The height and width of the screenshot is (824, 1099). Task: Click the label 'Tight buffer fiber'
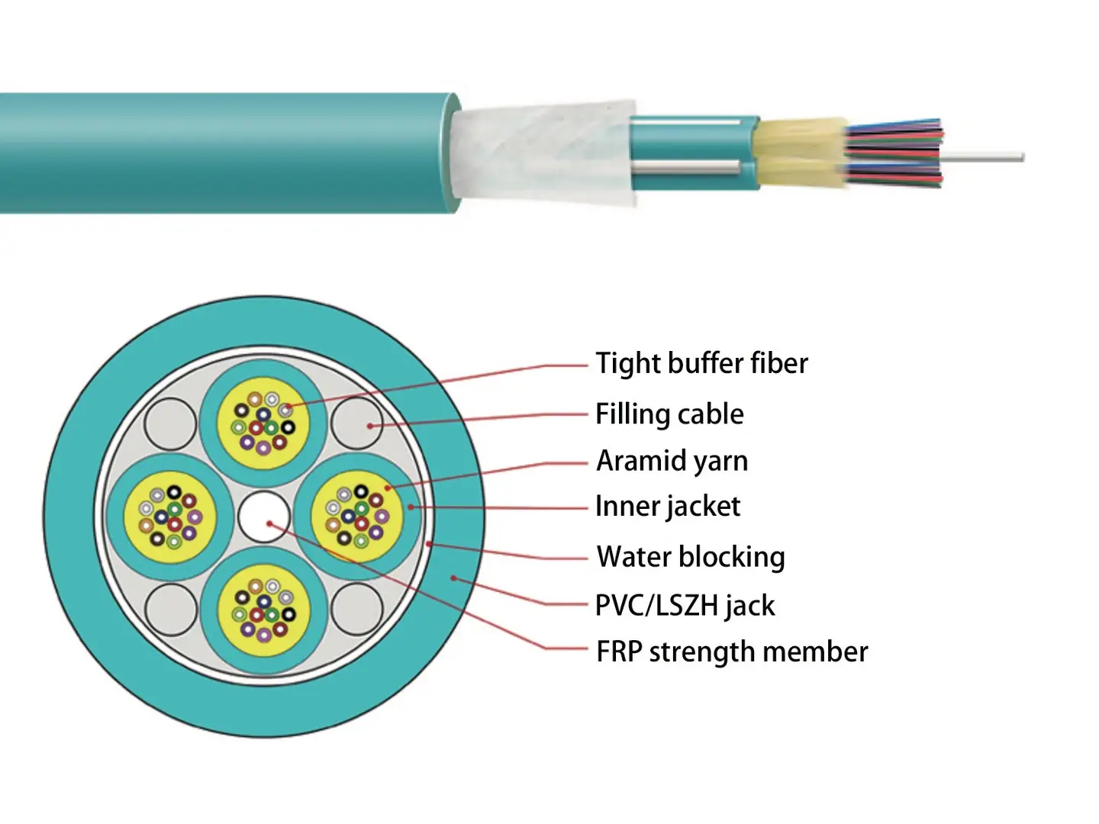pos(701,363)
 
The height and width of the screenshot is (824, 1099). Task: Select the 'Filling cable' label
pos(669,414)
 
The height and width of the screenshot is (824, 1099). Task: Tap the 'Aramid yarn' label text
pos(672,461)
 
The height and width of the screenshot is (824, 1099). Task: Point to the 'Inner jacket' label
pos(667,507)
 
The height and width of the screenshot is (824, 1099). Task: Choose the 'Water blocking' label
pos(690,557)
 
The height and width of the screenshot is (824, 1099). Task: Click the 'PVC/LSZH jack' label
pos(685,606)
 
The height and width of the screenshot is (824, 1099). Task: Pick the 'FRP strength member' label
pos(731,652)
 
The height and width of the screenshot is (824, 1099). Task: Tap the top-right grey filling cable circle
pos(357,423)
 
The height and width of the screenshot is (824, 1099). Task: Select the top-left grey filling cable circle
pos(171,423)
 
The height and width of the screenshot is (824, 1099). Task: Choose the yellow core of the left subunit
pos(169,517)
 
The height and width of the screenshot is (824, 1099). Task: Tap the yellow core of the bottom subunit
pos(264,610)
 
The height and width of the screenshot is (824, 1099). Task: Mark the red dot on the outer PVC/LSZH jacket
pos(453,578)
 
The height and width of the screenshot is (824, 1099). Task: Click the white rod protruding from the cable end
pos(985,158)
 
